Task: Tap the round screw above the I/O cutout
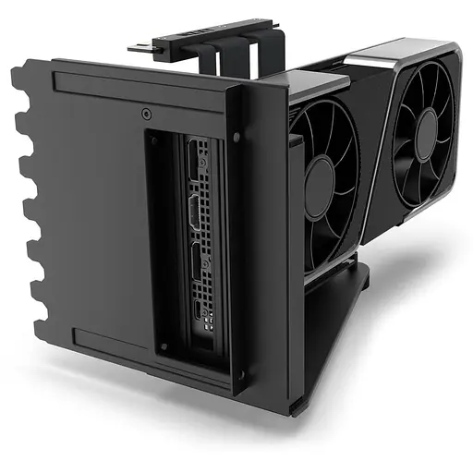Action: pyautogui.click(x=146, y=115)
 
